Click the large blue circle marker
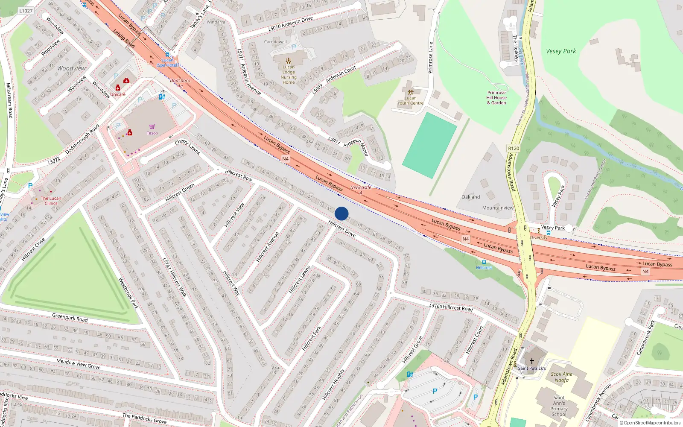[341, 213]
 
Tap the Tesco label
[152, 133]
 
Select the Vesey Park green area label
[560, 51]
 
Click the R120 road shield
[514, 149]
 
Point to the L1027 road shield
[26, 11]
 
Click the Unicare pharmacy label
[118, 94]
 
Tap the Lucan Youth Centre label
[410, 100]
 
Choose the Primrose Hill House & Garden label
[496, 97]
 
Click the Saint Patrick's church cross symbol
[532, 361]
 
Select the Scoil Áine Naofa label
[561, 377]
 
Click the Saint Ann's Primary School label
[559, 406]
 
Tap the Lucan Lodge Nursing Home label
[289, 74]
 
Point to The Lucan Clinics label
[51, 201]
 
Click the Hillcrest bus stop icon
[484, 262]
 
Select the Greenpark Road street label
[70, 318]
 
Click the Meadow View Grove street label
[79, 364]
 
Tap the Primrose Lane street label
[431, 58]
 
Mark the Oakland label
[470, 197]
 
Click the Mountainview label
[498, 208]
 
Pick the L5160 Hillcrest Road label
[451, 307]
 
